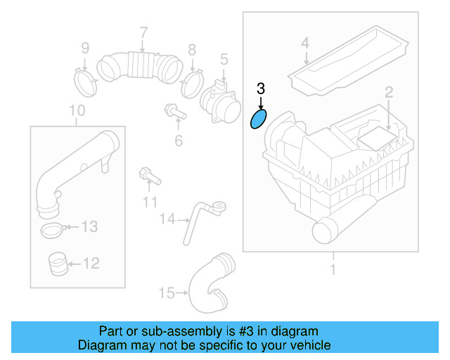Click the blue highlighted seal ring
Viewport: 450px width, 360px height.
(x=259, y=120)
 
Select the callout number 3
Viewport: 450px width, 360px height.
(x=260, y=89)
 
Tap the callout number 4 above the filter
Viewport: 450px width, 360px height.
(x=305, y=43)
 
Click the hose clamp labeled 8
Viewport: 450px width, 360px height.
(x=190, y=85)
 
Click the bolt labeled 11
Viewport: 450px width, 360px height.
(x=149, y=174)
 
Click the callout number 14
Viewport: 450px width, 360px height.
(x=166, y=219)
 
